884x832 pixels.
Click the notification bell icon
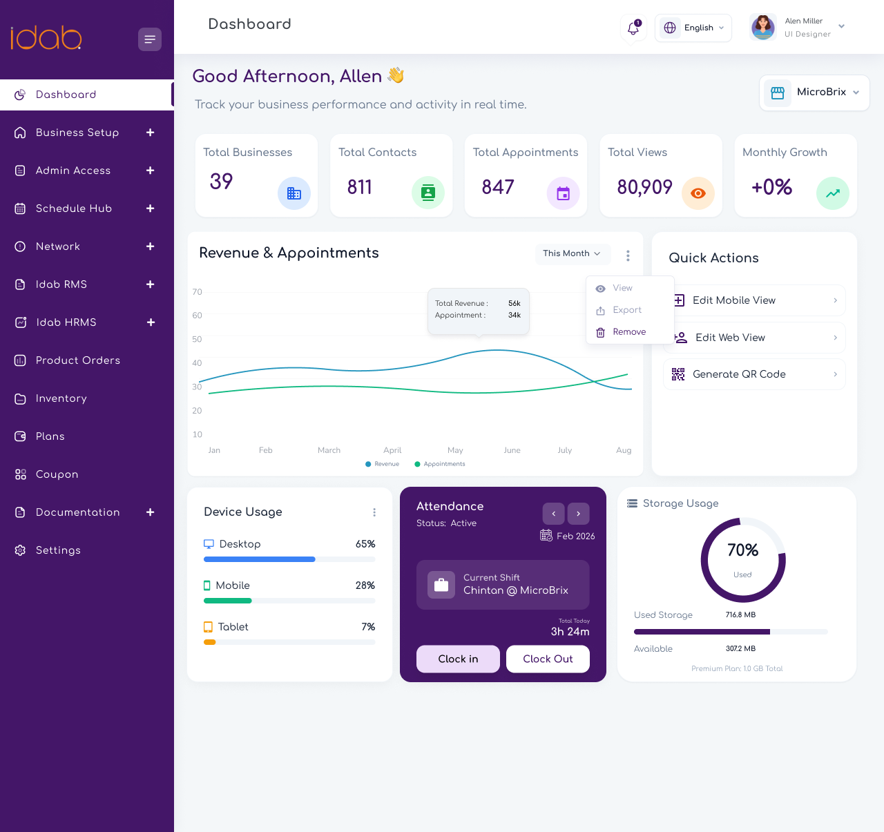[x=633, y=28]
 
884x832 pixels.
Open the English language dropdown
[x=693, y=28]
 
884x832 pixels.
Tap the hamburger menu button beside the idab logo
[x=150, y=39]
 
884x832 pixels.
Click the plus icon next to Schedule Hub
[x=151, y=209]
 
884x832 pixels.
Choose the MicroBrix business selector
[x=814, y=92]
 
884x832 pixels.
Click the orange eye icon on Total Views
[x=698, y=193]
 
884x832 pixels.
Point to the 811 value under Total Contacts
[x=359, y=187]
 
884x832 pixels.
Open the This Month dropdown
[x=573, y=253]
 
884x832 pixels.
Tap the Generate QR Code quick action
[x=754, y=374]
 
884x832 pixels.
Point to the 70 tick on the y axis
[x=198, y=292]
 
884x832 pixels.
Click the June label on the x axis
[x=512, y=450]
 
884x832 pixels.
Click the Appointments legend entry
[x=440, y=464]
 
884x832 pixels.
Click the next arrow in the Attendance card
[x=578, y=514]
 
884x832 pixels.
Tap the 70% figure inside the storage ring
[x=743, y=550]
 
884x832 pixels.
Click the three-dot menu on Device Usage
[x=374, y=512]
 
